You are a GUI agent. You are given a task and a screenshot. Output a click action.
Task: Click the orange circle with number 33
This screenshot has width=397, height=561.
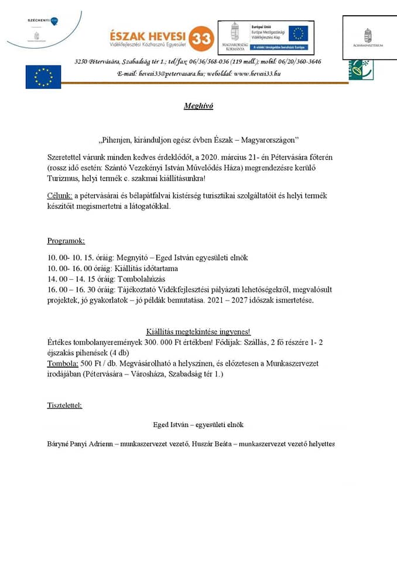(x=203, y=36)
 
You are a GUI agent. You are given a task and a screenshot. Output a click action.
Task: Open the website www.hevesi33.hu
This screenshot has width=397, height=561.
(x=257, y=74)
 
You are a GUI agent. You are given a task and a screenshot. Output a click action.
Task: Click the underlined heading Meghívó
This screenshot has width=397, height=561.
(x=198, y=106)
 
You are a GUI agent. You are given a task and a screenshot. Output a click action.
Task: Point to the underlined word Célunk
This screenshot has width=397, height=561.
(x=60, y=195)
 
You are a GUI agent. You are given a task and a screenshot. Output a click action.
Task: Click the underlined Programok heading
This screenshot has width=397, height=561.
(x=66, y=241)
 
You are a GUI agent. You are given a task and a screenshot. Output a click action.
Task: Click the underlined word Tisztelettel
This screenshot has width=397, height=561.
(x=64, y=405)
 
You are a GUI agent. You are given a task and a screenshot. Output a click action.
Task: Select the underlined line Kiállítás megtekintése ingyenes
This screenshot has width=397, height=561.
(x=198, y=332)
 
